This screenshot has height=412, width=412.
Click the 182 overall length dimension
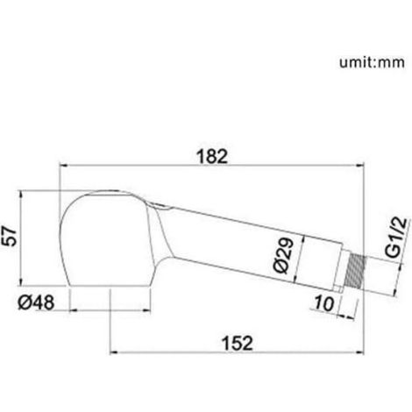(x=212, y=156)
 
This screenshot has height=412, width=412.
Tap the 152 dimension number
(x=238, y=343)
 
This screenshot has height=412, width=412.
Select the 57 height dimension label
(x=10, y=236)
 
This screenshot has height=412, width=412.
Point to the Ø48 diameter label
(x=36, y=302)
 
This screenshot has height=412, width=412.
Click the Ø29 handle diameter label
(x=283, y=255)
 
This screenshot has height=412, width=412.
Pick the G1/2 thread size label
(x=397, y=238)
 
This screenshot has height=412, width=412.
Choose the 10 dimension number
(x=323, y=303)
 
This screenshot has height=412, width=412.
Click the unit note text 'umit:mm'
(x=372, y=62)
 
